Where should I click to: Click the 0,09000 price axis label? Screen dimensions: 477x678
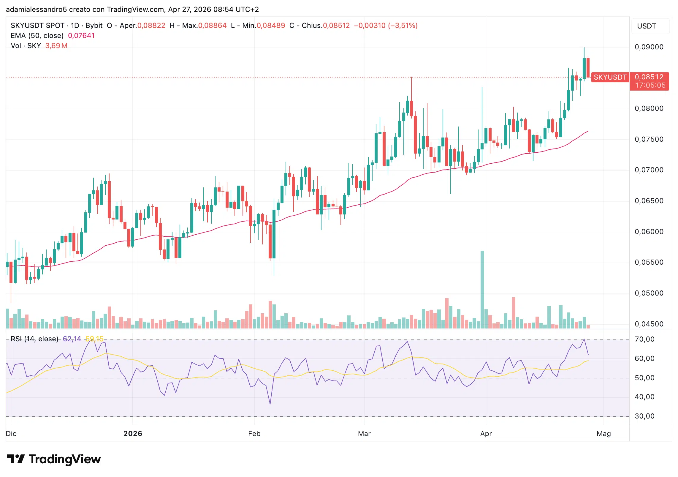(649, 47)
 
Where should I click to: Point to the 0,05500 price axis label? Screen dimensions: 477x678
(649, 262)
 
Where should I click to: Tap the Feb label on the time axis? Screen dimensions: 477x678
(254, 434)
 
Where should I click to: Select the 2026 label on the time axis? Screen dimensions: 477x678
(133, 434)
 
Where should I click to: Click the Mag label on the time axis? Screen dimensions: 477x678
(603, 434)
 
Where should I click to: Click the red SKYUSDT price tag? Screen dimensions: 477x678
(610, 77)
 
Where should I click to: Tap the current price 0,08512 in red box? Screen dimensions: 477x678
(649, 77)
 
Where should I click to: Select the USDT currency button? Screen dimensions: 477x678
(646, 26)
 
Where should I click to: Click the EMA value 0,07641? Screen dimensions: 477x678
(81, 36)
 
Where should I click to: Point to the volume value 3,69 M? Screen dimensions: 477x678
(56, 46)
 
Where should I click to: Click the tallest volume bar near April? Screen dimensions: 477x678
(482, 290)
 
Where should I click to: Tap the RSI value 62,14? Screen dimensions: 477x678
(72, 339)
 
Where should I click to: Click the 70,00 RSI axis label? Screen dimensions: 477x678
(644, 339)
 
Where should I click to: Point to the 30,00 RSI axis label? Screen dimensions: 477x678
(644, 416)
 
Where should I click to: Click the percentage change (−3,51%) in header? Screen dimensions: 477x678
(403, 26)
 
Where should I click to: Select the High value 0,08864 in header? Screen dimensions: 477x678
(212, 26)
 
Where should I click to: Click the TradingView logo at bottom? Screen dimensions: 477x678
(54, 459)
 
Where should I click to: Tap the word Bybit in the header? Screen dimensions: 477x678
(94, 26)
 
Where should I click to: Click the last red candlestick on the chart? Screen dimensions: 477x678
(588, 68)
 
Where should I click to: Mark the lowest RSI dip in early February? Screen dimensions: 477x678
(270, 403)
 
